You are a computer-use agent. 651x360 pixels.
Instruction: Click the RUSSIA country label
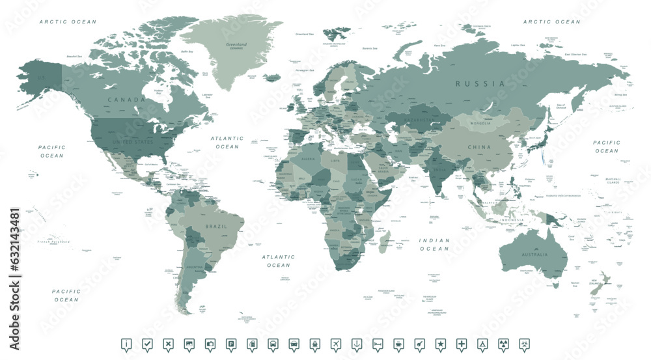pyautogui.click(x=480, y=84)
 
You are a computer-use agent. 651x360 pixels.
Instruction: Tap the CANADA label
pyautogui.click(x=126, y=100)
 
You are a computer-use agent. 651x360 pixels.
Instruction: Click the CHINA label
pyautogui.click(x=478, y=147)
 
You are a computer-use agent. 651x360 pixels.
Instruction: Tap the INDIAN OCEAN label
pyautogui.click(x=434, y=244)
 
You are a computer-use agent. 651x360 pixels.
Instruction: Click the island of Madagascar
pyautogui.click(x=387, y=239)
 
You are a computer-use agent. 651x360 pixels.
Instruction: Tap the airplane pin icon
pyautogui.click(x=335, y=344)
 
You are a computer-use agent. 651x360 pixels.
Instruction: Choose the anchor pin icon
pyautogui.click(x=356, y=344)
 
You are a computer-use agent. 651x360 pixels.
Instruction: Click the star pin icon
pyautogui.click(x=440, y=344)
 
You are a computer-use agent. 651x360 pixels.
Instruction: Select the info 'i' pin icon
pyautogui.click(x=126, y=344)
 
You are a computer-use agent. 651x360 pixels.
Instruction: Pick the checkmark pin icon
pyautogui.click(x=147, y=344)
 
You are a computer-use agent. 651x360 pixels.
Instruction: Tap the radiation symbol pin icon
pyautogui.click(x=503, y=344)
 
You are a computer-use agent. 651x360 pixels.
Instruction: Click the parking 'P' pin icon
pyautogui.click(x=230, y=344)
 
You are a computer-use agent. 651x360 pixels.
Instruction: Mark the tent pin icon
pyautogui.click(x=482, y=344)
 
